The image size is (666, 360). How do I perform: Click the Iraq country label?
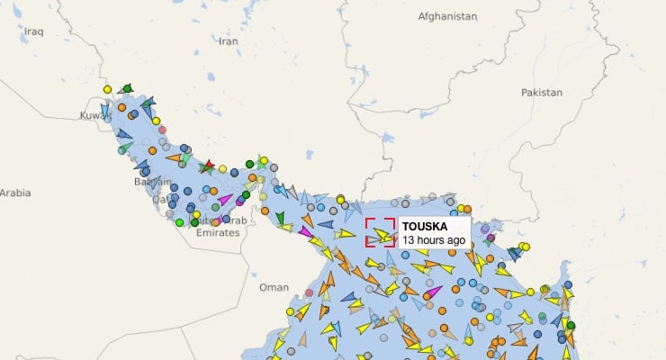tap(34, 31)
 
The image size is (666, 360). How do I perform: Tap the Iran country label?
tap(229, 40)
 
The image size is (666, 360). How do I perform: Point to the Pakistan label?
tap(541, 92)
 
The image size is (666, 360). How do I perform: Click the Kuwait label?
tap(94, 115)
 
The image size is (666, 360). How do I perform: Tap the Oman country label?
tap(274, 287)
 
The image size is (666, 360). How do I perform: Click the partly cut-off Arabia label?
tap(15, 193)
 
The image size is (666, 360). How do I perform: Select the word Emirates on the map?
tap(218, 232)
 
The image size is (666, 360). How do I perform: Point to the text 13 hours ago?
tap(433, 240)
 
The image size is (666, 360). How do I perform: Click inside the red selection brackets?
tap(380, 232)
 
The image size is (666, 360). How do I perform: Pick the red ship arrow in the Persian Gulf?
tap(208, 166)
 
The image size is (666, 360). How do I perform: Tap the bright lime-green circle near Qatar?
tap(180, 221)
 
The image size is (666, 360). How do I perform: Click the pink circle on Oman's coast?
tap(310, 292)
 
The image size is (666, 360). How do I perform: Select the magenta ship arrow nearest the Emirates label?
tap(225, 200)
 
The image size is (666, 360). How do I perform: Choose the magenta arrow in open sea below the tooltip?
tap(434, 291)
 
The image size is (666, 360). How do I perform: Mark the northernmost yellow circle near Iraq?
tap(107, 89)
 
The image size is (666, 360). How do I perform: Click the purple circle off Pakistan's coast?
tap(490, 238)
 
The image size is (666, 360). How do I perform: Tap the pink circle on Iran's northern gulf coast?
tap(162, 130)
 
